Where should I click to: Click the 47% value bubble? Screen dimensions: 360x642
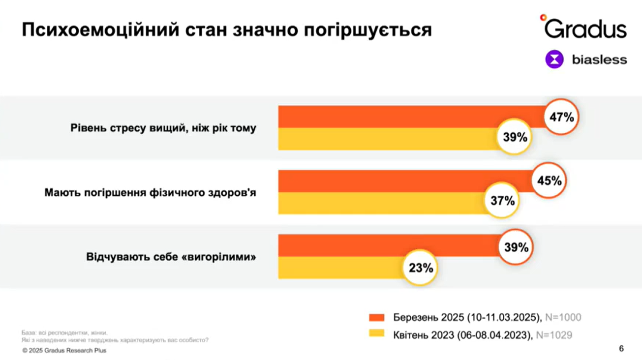tap(562, 118)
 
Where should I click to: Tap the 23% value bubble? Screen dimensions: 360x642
tap(421, 268)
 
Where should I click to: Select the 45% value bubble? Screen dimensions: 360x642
tap(549, 180)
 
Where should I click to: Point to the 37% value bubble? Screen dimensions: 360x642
tap(502, 201)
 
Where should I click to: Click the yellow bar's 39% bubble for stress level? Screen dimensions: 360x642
tap(515, 137)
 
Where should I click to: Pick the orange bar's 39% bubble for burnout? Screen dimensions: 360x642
tap(516, 247)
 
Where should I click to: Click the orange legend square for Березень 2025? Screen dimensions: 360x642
tap(376, 317)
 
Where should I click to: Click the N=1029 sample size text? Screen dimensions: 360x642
tap(554, 335)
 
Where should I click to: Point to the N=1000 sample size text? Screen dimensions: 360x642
tap(562, 317)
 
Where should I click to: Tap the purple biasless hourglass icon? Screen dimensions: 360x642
tap(554, 60)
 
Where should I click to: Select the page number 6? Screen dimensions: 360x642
tap(621, 349)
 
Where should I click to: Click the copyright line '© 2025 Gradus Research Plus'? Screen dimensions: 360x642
tap(64, 351)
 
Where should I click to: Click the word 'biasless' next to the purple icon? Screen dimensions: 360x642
tap(599, 60)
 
